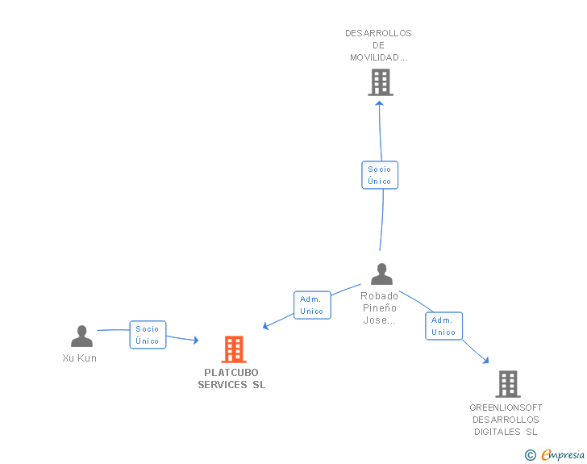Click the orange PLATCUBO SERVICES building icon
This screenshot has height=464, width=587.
coord(234,349)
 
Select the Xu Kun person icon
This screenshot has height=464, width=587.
coord(81,337)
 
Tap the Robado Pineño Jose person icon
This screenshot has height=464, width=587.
coord(381,274)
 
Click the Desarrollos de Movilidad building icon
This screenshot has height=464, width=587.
coord(381,82)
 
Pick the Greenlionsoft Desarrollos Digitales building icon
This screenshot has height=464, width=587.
coord(507,384)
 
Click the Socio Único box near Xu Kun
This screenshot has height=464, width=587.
coord(148,335)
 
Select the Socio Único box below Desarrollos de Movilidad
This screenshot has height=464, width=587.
coord(380,175)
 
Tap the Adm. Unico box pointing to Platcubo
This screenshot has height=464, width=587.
coord(312,305)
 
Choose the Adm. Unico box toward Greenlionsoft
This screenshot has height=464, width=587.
coord(443,326)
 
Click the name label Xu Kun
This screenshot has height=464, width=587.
coord(80,358)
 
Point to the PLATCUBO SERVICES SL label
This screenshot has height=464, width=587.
coord(232,379)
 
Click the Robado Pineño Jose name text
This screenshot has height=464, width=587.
coord(380,308)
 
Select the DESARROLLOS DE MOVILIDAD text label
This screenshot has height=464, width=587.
coord(379,45)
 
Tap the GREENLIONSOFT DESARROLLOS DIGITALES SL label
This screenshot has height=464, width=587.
coord(506,420)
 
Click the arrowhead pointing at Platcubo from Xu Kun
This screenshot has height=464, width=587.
coord(194,341)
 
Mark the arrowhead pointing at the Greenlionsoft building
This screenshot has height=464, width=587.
coord(485,360)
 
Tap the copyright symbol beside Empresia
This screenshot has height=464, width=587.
coord(530,455)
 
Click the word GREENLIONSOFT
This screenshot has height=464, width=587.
coord(506,408)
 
